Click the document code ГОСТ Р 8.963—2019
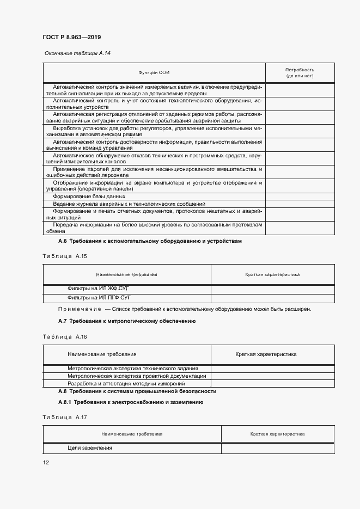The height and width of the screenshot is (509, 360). [71, 37]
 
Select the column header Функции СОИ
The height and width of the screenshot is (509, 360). [155, 73]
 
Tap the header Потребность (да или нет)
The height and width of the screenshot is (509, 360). [300, 73]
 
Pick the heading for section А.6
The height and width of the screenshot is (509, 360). [150, 241]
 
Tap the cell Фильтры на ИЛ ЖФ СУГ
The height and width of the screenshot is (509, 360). [100, 289]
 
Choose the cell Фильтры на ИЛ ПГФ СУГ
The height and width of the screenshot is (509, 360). [101, 298]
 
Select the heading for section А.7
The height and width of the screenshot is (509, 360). [127, 321]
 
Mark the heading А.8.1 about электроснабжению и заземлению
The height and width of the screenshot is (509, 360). [130, 402]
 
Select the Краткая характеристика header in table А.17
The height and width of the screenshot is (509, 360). [277, 434]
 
